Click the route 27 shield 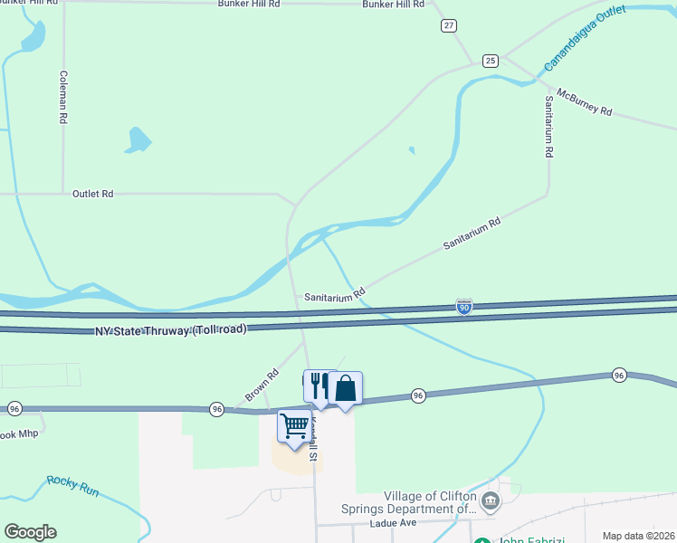click(449, 25)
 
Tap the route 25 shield click(490, 61)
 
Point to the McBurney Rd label click(585, 102)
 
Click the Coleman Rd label click(63, 98)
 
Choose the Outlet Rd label click(93, 194)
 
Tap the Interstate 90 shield click(463, 309)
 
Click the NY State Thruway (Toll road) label click(171, 330)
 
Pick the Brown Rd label click(261, 386)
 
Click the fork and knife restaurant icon click(319, 387)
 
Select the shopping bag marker click(345, 388)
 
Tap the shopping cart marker click(294, 425)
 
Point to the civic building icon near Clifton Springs click(490, 500)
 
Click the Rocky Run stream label click(72, 485)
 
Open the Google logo click(30, 532)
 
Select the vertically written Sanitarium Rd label click(548, 128)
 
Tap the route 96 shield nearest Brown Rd click(216, 409)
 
